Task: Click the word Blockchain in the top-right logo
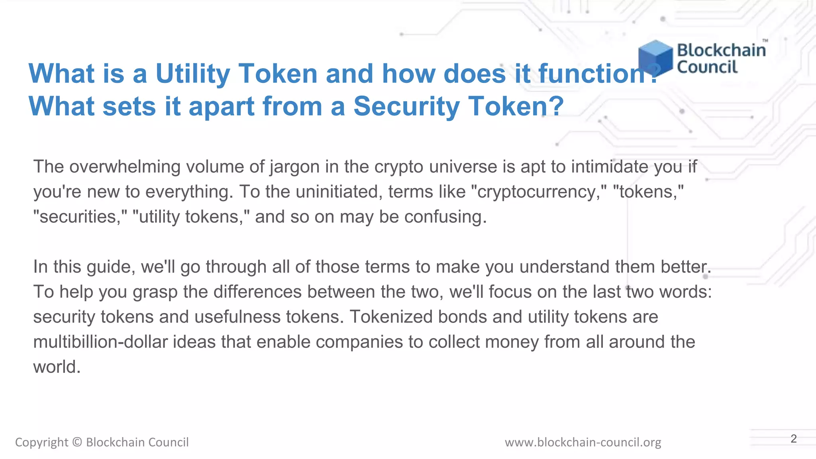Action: [721, 50]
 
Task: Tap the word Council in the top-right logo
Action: [707, 67]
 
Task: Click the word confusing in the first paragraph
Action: [445, 217]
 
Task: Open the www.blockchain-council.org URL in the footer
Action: [583, 442]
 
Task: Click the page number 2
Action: [793, 439]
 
